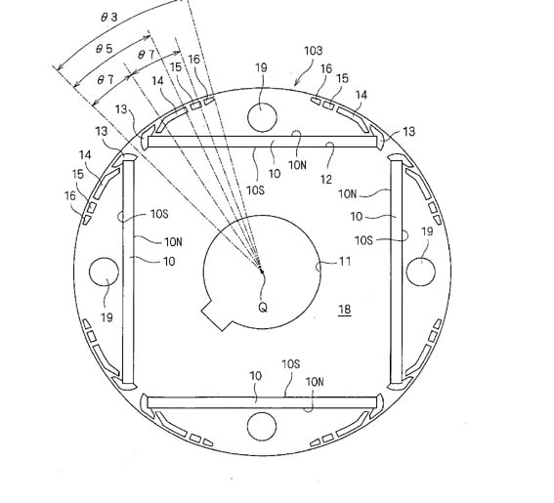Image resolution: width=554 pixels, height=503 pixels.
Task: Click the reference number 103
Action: click(x=313, y=51)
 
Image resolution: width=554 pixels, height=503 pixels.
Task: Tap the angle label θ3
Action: click(x=109, y=17)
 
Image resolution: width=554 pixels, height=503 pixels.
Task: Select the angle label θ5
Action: click(x=105, y=49)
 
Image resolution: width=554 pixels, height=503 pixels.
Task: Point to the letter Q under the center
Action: click(x=263, y=308)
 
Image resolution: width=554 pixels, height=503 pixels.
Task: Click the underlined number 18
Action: click(x=345, y=310)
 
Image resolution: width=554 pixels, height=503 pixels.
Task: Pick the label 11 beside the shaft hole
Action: click(x=345, y=262)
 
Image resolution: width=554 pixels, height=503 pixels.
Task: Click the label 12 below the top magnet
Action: click(x=326, y=180)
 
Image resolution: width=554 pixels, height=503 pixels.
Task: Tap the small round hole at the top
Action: click(x=262, y=117)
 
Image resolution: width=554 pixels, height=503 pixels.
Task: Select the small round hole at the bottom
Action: click(x=262, y=427)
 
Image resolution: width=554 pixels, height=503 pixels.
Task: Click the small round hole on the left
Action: click(x=104, y=272)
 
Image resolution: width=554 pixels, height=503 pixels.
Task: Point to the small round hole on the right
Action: click(x=420, y=272)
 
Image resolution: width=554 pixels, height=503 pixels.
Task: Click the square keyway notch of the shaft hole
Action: click(x=217, y=314)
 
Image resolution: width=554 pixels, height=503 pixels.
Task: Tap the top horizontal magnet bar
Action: click(x=262, y=142)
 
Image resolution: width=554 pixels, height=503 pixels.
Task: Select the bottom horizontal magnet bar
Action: click(x=262, y=402)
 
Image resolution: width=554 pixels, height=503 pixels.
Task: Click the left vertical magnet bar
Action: click(x=128, y=272)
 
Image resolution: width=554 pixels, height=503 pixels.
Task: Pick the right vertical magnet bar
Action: click(x=396, y=272)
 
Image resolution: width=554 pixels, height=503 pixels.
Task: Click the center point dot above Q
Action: click(x=262, y=272)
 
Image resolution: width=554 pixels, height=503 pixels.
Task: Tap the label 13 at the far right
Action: click(x=408, y=132)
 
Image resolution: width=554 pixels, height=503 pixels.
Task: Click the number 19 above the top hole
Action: click(x=261, y=67)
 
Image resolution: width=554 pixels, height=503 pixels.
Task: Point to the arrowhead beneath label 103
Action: click(x=296, y=83)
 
